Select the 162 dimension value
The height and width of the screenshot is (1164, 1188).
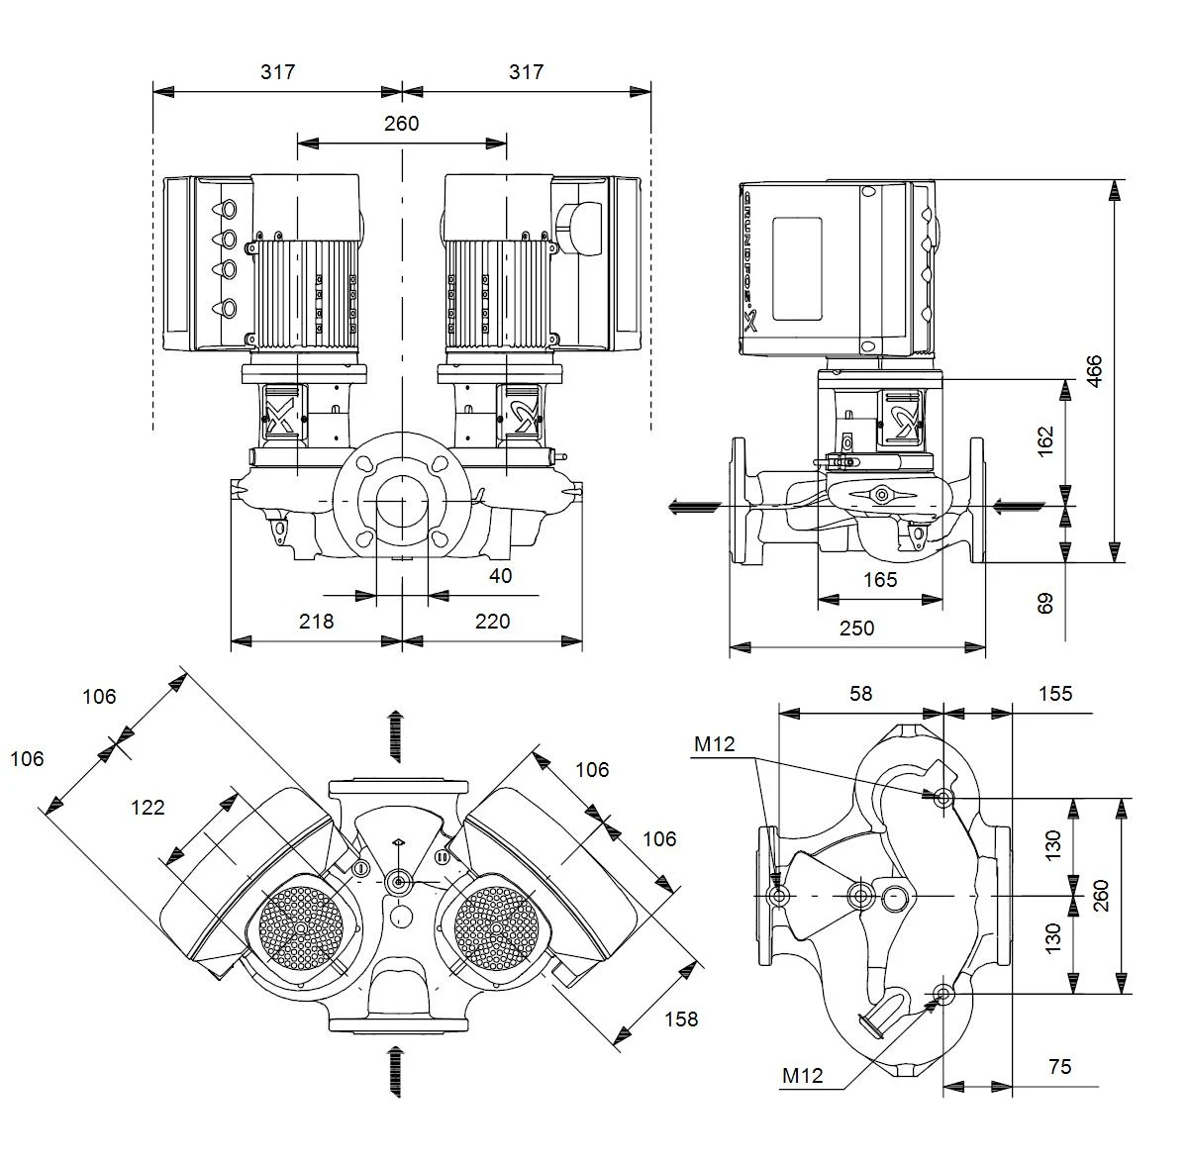[x=1045, y=440]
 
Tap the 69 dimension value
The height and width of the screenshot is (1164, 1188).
[x=1045, y=604]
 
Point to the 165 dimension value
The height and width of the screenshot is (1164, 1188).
[x=880, y=580]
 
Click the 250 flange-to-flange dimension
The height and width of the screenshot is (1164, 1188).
[x=857, y=628]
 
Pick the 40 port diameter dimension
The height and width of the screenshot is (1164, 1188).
[x=501, y=576]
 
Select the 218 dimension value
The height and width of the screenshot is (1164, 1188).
[x=316, y=621]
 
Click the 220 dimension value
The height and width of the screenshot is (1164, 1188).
[x=493, y=621]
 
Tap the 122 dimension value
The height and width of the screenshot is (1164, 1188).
[x=148, y=807]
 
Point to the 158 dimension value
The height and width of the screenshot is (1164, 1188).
[x=681, y=1019]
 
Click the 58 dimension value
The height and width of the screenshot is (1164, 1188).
[x=861, y=694]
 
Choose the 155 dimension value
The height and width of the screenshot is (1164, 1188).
[x=1055, y=694]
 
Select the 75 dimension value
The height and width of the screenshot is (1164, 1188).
[x=1060, y=1067]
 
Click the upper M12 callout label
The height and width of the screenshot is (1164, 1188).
[x=715, y=744]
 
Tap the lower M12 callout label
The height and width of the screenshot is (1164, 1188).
[x=803, y=1076]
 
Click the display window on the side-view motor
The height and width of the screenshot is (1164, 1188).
[x=797, y=269]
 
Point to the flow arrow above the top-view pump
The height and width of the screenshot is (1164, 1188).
[x=396, y=736]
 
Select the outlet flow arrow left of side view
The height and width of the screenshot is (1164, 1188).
[x=695, y=508]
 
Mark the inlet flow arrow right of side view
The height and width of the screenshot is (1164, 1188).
[x=1019, y=508]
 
